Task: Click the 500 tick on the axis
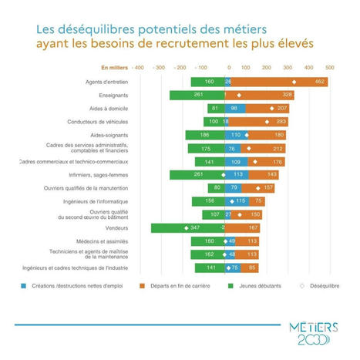click(330, 68)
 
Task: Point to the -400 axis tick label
click(138, 68)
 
